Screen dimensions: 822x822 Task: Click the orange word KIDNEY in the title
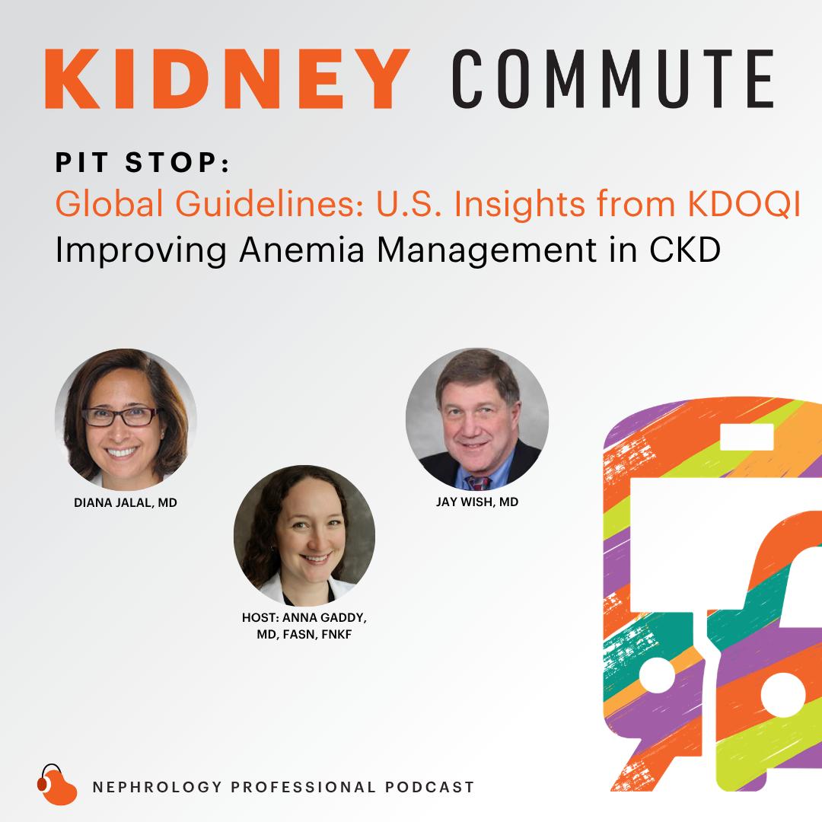tap(228, 79)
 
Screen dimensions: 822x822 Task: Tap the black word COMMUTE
tap(613, 79)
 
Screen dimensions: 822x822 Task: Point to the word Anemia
tap(301, 250)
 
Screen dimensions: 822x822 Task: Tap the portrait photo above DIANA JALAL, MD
tap(126, 419)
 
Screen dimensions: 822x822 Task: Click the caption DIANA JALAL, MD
tap(126, 503)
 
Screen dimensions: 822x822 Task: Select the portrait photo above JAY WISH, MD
tap(477, 419)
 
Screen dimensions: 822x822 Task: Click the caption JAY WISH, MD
tap(477, 502)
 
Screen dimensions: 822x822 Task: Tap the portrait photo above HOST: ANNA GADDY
tap(304, 536)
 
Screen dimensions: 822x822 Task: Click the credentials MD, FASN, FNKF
tap(304, 634)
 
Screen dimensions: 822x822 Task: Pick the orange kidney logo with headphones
tap(56, 785)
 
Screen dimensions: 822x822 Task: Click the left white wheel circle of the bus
tap(657, 674)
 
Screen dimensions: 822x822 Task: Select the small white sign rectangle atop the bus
tap(747, 437)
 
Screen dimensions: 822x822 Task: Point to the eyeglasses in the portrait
tap(122, 417)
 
